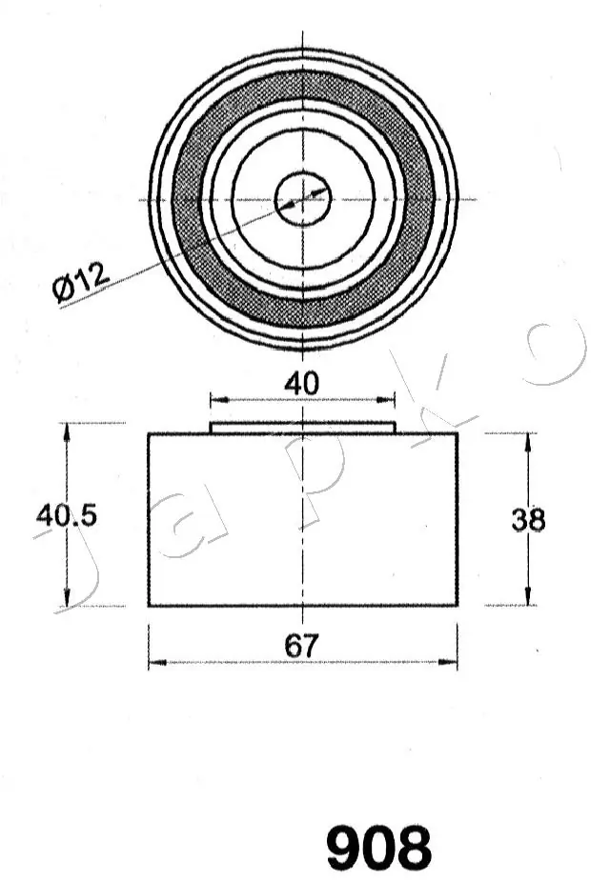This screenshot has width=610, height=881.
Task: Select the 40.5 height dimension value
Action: [66, 515]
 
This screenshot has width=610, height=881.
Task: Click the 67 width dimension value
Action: [301, 646]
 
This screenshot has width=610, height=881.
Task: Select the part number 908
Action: [378, 849]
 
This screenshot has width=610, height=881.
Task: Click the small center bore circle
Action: [302, 200]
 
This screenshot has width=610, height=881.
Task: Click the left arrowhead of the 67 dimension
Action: [155, 661]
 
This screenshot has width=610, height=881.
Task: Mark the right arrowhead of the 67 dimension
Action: [450, 661]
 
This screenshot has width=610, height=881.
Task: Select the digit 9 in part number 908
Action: [346, 849]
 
